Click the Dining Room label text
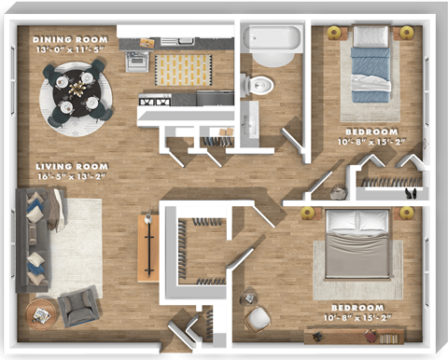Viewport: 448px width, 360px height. [71, 40]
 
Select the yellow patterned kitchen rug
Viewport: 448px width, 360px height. [183, 69]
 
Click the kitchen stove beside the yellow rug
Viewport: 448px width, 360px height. [137, 62]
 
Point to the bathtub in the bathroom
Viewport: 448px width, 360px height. [273, 38]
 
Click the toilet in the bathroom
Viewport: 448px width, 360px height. [259, 84]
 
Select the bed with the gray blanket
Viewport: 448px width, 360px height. [357, 244]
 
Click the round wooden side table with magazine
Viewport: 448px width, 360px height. [41, 313]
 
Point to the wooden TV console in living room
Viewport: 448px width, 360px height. [147, 247]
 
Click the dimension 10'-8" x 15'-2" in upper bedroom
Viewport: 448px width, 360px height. [371, 143]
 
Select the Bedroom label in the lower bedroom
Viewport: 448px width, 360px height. [357, 308]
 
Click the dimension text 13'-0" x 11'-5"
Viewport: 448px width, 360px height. [71, 50]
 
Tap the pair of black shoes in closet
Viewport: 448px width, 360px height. [411, 194]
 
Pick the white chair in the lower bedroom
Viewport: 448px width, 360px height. [257, 318]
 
